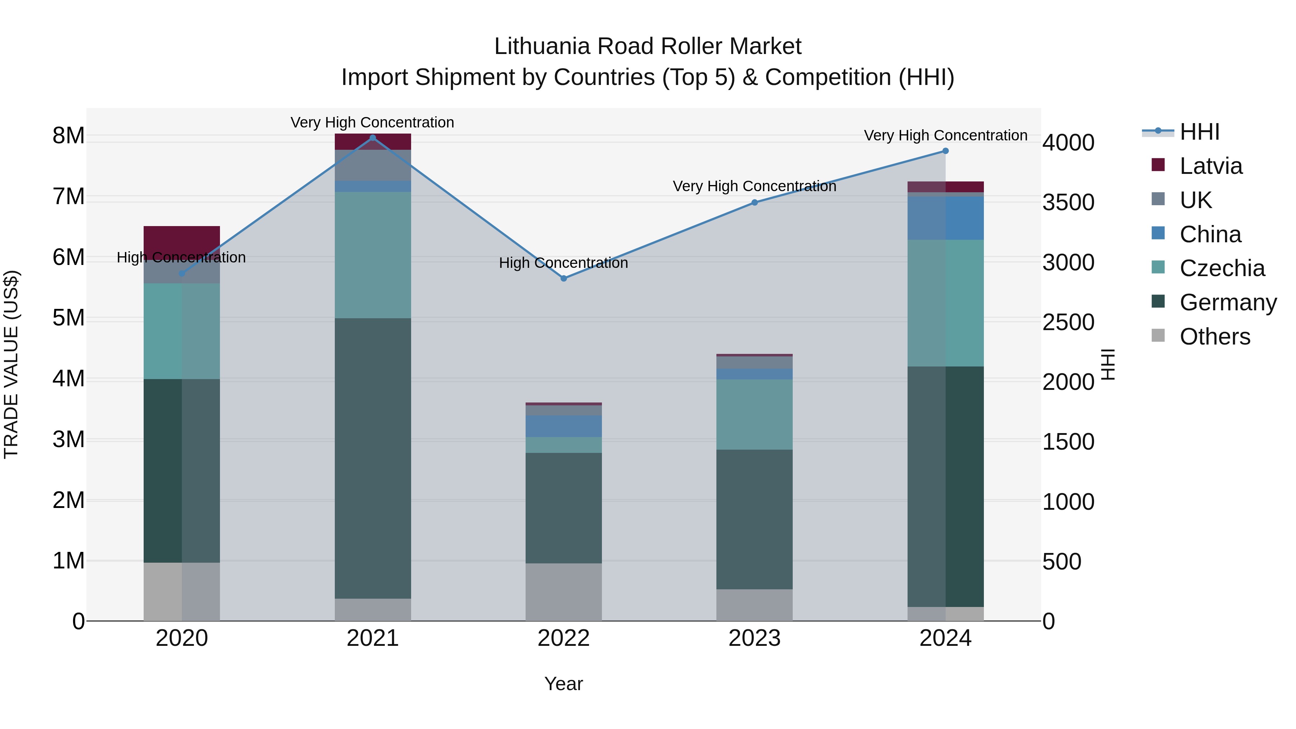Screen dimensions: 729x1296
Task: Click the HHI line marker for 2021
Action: pos(373,138)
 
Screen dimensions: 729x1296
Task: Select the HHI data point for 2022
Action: pos(563,278)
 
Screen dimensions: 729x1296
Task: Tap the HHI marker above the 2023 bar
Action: pos(754,203)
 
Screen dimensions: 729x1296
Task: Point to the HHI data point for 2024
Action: pos(945,151)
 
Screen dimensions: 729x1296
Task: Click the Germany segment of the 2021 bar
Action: pos(373,458)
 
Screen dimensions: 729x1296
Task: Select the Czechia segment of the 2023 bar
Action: pos(754,414)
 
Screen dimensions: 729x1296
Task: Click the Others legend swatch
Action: pos(1158,336)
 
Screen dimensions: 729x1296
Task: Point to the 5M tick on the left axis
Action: pos(68,318)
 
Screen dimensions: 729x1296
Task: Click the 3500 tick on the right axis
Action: pos(1068,203)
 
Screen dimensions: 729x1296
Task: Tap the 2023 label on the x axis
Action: pos(754,638)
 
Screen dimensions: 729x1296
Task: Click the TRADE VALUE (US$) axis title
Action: pos(11,364)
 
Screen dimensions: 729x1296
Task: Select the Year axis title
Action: pos(563,684)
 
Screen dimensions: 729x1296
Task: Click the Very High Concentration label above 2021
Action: pos(372,122)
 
